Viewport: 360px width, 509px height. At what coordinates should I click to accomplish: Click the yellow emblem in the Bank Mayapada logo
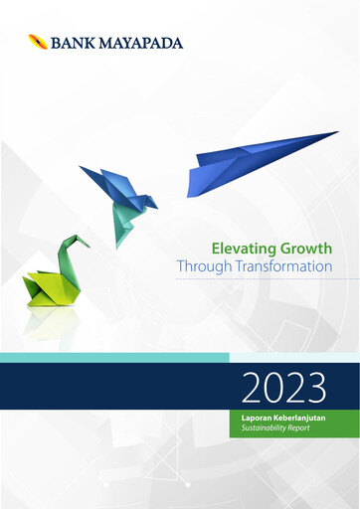pos(37,42)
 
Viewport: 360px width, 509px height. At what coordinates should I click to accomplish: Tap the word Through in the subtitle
pos(202,267)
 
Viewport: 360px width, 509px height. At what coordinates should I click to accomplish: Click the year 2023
pos(284,384)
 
